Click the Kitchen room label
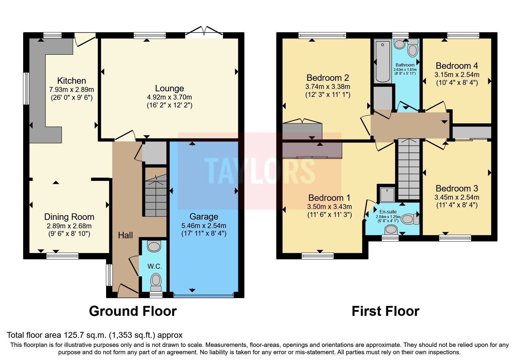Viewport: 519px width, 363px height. tap(72, 81)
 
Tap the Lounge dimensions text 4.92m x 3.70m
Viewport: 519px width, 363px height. tap(169, 97)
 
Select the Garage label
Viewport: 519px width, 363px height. tap(204, 217)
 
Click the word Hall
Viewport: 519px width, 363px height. tap(125, 235)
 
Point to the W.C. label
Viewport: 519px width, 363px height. tap(154, 266)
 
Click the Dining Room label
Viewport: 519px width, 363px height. tap(69, 217)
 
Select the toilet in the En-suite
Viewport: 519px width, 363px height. tap(409, 219)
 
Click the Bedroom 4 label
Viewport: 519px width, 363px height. tap(457, 66)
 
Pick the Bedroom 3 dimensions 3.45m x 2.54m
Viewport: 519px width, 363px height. tap(457, 197)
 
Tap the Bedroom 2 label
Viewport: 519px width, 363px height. tap(328, 78)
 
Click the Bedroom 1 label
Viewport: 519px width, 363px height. tap(329, 198)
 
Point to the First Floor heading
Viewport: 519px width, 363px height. tap(385, 311)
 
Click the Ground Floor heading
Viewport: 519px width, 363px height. tap(133, 311)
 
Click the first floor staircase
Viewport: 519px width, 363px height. tap(409, 170)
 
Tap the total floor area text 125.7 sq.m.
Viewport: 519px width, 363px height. tap(94, 335)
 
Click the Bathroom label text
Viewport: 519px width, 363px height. tap(405, 65)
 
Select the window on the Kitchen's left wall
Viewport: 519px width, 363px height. tap(26, 88)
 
